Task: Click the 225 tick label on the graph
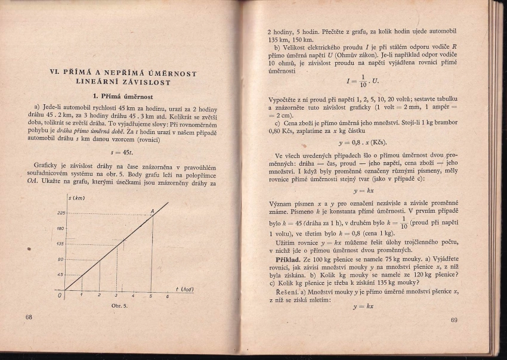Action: tap(61, 213)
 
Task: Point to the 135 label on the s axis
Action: tap(61, 244)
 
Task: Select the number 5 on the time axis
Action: tap(150, 296)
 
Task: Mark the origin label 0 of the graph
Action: tap(60, 294)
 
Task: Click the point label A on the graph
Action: tap(152, 211)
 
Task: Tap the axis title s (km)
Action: tap(76, 198)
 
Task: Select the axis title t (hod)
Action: tap(186, 290)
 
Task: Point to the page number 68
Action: tap(29, 317)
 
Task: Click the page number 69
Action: tap(454, 320)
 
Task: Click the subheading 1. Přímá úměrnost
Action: tap(124, 96)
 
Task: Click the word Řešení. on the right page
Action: tap(290, 291)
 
